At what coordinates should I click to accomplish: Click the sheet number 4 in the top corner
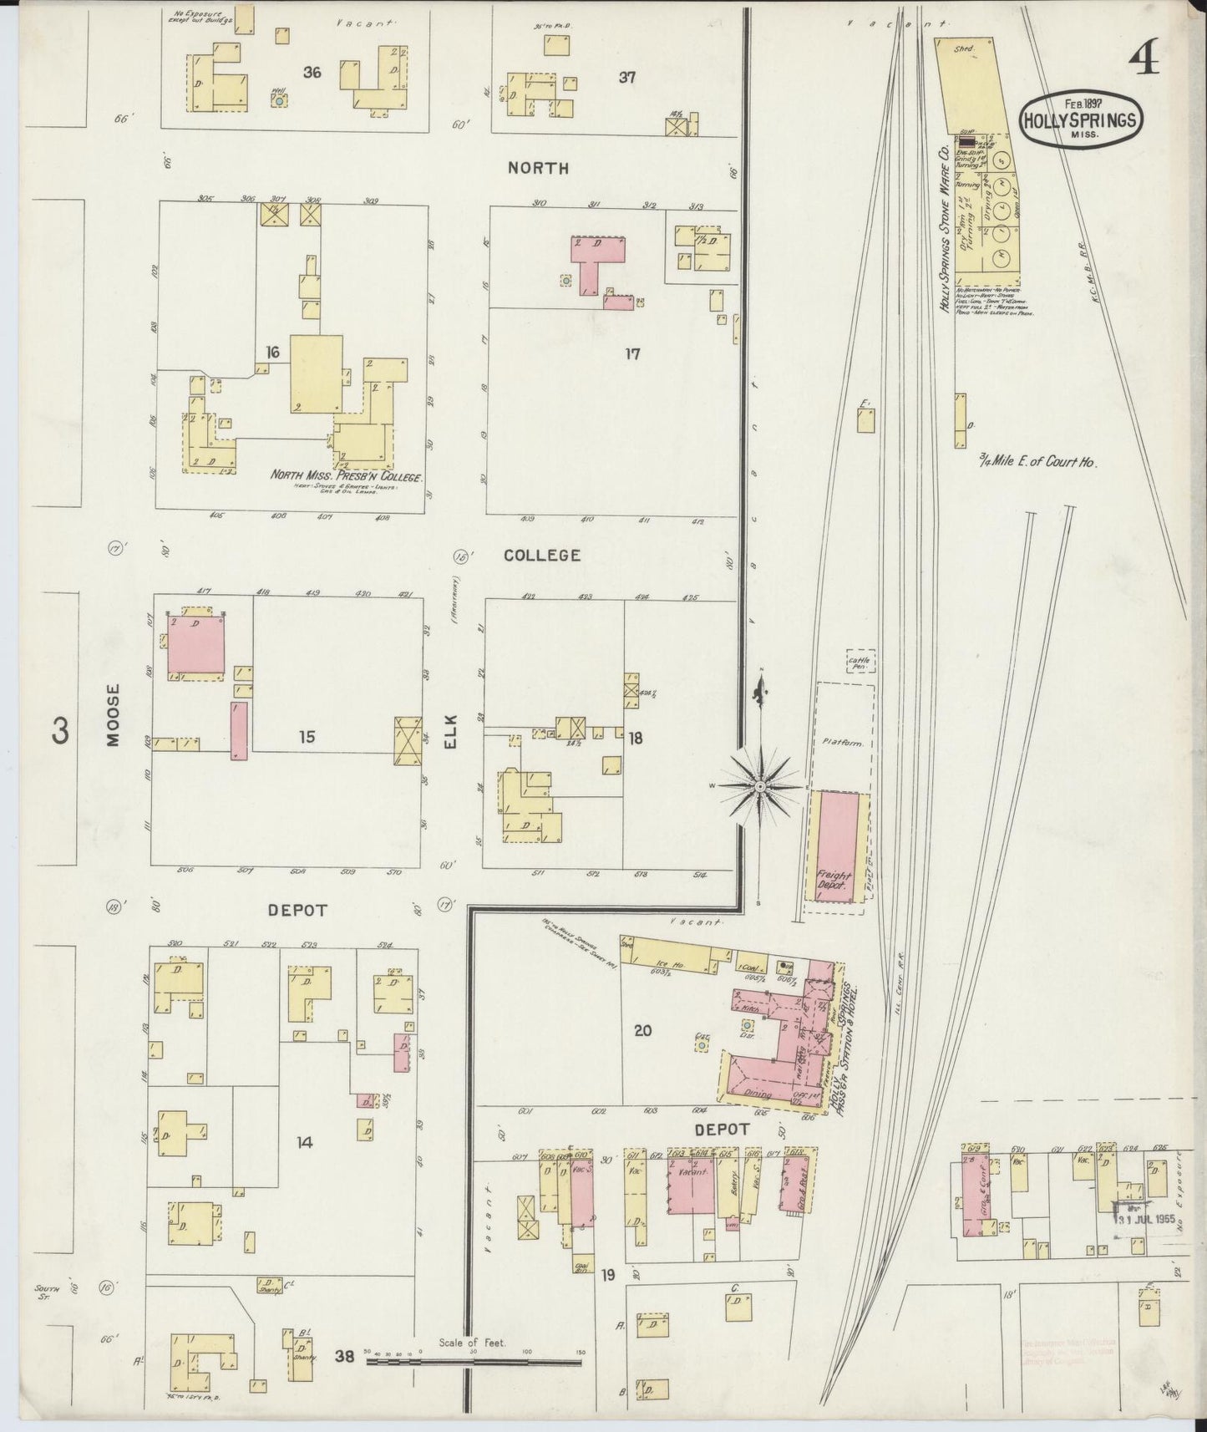pos(1145,58)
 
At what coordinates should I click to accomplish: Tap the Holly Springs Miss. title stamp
pos(1080,120)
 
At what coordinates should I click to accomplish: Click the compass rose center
pos(761,787)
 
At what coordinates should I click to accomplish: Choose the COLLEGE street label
pos(541,556)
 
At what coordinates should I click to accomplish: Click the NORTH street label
pos(539,168)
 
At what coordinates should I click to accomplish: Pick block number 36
pos(312,73)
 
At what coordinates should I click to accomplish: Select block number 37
pos(627,78)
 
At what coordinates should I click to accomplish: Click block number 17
pos(632,354)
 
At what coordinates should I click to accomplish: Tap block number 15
pos(307,738)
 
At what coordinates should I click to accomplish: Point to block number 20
pos(642,1031)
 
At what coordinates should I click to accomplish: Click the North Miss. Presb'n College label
pos(346,476)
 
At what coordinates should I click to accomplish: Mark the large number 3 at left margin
pos(60,731)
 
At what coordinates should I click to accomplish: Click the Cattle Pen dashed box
pos(860,663)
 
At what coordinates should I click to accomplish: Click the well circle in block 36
pos(278,99)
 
